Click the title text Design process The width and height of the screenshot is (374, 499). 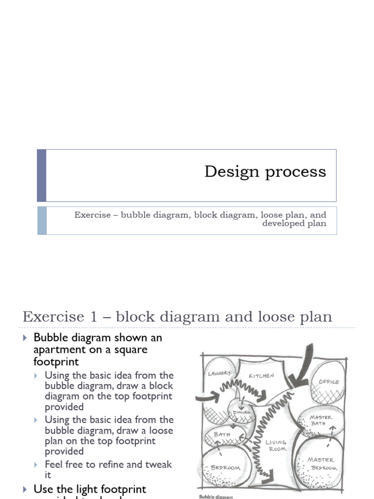coord(265,172)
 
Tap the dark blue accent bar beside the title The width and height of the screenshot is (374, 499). coord(42,175)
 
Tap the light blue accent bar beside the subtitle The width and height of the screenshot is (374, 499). coord(42,220)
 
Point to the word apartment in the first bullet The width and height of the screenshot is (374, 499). coord(56,350)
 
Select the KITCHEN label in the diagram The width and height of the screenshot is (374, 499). coord(262,376)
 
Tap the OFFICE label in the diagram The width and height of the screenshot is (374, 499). coord(328,382)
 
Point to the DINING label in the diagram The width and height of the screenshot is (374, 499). coord(242,412)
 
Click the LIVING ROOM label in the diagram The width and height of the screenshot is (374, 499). coord(276,445)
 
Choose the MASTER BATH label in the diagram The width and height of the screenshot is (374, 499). coord(321,420)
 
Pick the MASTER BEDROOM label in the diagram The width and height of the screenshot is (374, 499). coord(322,463)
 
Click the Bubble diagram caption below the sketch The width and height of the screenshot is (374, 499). coord(216,497)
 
